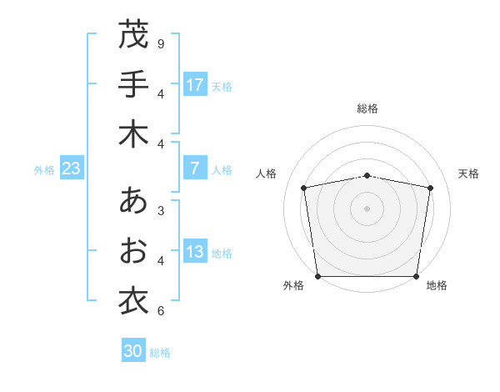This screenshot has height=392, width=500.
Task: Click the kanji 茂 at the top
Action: tap(133, 35)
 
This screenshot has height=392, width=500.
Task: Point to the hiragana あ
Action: tap(133, 201)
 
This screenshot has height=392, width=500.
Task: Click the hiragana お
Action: tap(133, 250)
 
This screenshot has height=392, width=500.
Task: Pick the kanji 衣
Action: tap(133, 299)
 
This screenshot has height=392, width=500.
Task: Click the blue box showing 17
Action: tap(195, 85)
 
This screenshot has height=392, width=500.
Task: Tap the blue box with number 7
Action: tap(195, 169)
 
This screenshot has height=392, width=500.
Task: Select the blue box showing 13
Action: tap(195, 253)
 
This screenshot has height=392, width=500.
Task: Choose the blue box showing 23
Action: tap(71, 169)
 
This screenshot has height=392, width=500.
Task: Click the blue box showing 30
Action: tap(132, 352)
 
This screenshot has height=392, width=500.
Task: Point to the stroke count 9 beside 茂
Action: tap(161, 43)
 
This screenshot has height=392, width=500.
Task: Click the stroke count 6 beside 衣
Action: tap(161, 311)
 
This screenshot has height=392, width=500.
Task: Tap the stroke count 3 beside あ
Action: tap(161, 210)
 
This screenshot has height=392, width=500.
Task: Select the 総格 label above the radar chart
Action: tap(367, 108)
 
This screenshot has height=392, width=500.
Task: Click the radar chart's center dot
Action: tap(367, 208)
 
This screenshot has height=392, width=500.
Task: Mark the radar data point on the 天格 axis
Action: tap(431, 188)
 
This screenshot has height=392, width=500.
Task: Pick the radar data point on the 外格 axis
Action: tap(317, 276)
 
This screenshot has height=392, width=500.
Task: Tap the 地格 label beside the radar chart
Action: tap(437, 285)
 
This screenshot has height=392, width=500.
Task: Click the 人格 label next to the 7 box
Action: tap(222, 170)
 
